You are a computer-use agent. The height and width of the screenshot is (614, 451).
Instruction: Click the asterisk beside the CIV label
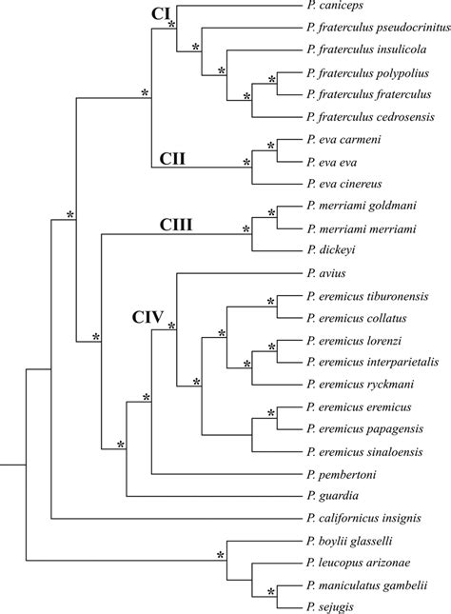(x=171, y=327)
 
